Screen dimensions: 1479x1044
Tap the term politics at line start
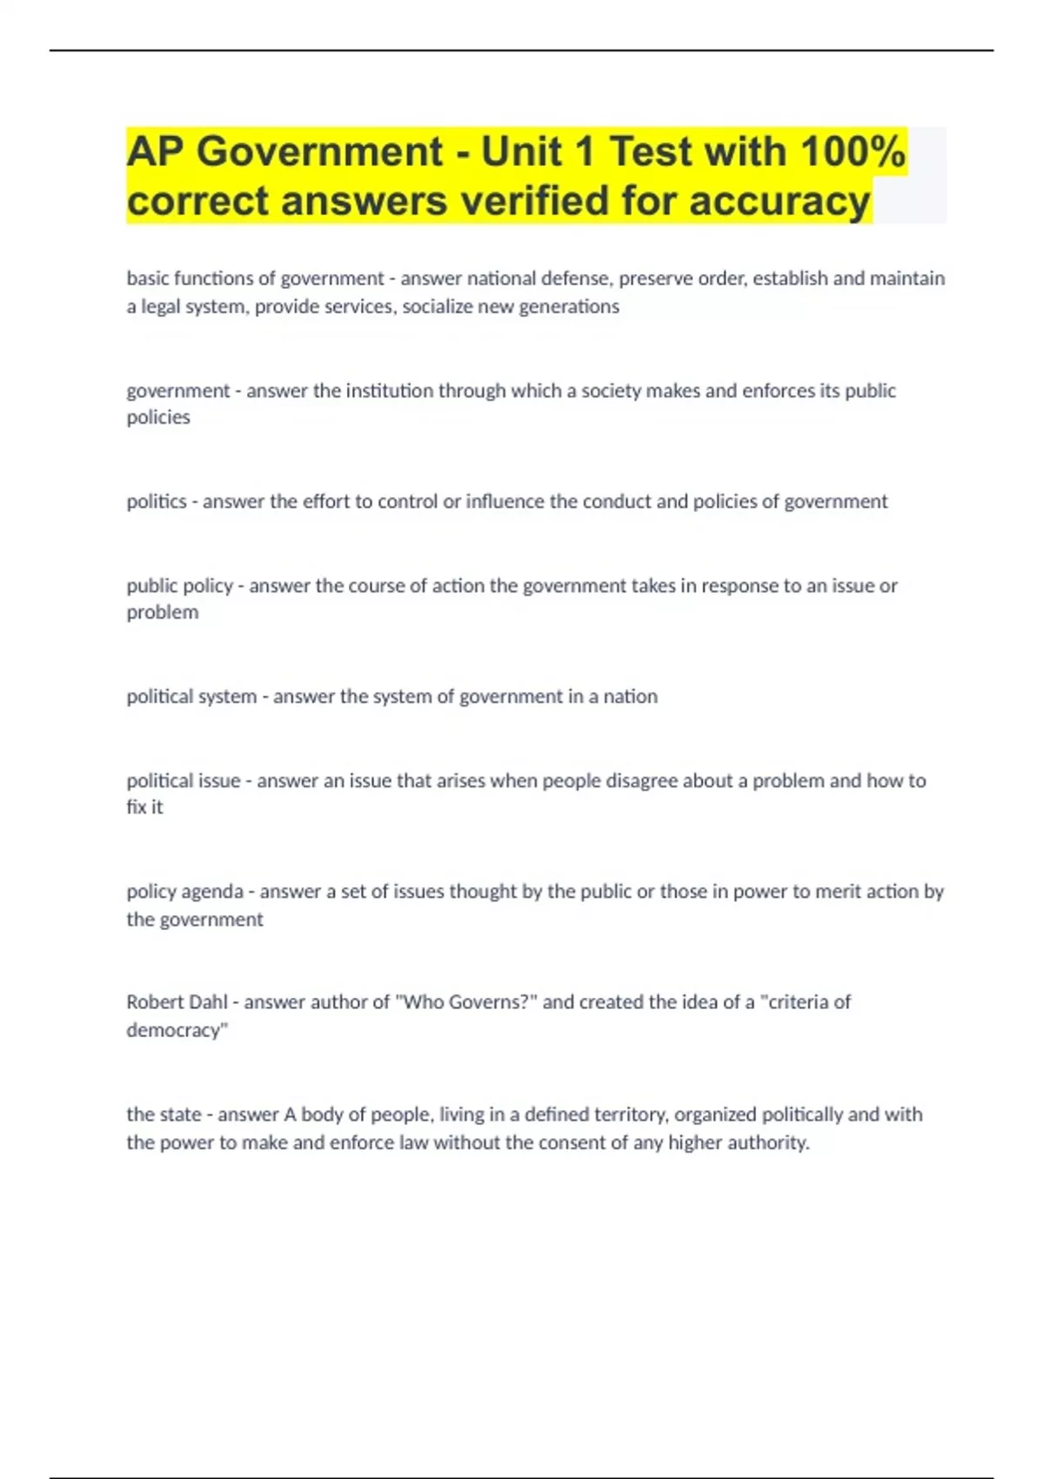click(x=157, y=501)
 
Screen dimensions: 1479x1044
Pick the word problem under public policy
click(x=163, y=612)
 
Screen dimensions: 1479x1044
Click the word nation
click(x=631, y=696)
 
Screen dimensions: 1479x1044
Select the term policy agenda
click(x=185, y=891)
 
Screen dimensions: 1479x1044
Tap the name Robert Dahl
click(x=177, y=1001)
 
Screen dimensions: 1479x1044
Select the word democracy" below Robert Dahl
click(x=177, y=1030)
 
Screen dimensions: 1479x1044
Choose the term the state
click(x=164, y=1114)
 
